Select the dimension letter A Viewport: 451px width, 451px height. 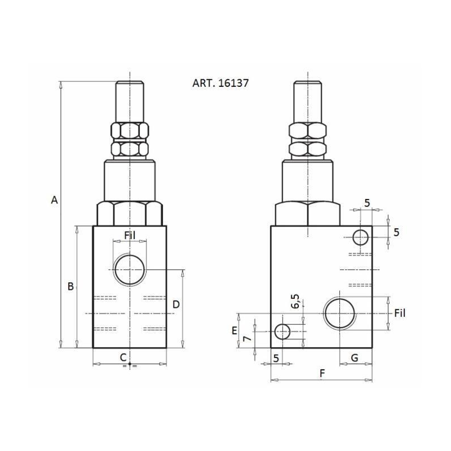click(54, 200)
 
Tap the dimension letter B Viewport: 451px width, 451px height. click(70, 286)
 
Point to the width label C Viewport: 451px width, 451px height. click(122, 356)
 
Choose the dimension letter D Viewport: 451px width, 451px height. click(176, 304)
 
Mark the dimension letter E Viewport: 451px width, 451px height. click(234, 331)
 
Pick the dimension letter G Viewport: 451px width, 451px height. click(355, 357)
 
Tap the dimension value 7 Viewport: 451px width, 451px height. click(246, 339)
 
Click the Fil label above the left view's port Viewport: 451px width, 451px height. click(130, 236)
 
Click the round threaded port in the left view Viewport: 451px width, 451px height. click(130, 269)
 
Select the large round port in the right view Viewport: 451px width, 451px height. click(340, 314)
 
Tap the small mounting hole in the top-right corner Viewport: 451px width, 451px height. click(361, 237)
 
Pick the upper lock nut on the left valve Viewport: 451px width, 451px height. click(130, 131)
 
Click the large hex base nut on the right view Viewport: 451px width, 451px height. click(308, 214)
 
